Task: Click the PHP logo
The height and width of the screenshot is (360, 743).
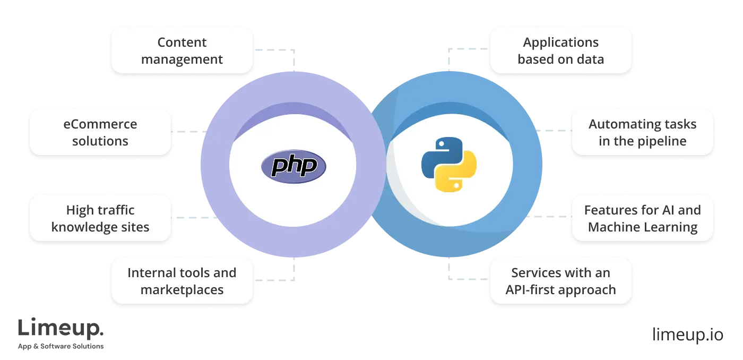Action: tap(293, 166)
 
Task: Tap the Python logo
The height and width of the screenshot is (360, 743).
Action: tap(449, 164)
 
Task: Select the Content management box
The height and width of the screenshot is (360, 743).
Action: tap(182, 50)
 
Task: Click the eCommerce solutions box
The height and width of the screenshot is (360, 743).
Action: tap(100, 132)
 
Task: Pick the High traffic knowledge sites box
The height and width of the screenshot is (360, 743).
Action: tap(100, 218)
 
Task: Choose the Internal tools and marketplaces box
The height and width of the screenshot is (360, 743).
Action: tap(182, 281)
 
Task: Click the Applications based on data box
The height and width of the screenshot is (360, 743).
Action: tap(560, 50)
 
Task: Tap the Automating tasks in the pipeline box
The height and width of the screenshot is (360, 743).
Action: tap(642, 132)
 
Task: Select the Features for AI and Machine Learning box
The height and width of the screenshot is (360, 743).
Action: tap(642, 218)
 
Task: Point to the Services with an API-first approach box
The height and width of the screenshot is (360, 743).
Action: tap(560, 281)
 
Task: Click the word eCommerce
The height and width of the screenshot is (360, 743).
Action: tap(100, 124)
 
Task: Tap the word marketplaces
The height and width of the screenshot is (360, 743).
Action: tap(182, 290)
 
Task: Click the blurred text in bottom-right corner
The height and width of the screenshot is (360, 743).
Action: tap(687, 336)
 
